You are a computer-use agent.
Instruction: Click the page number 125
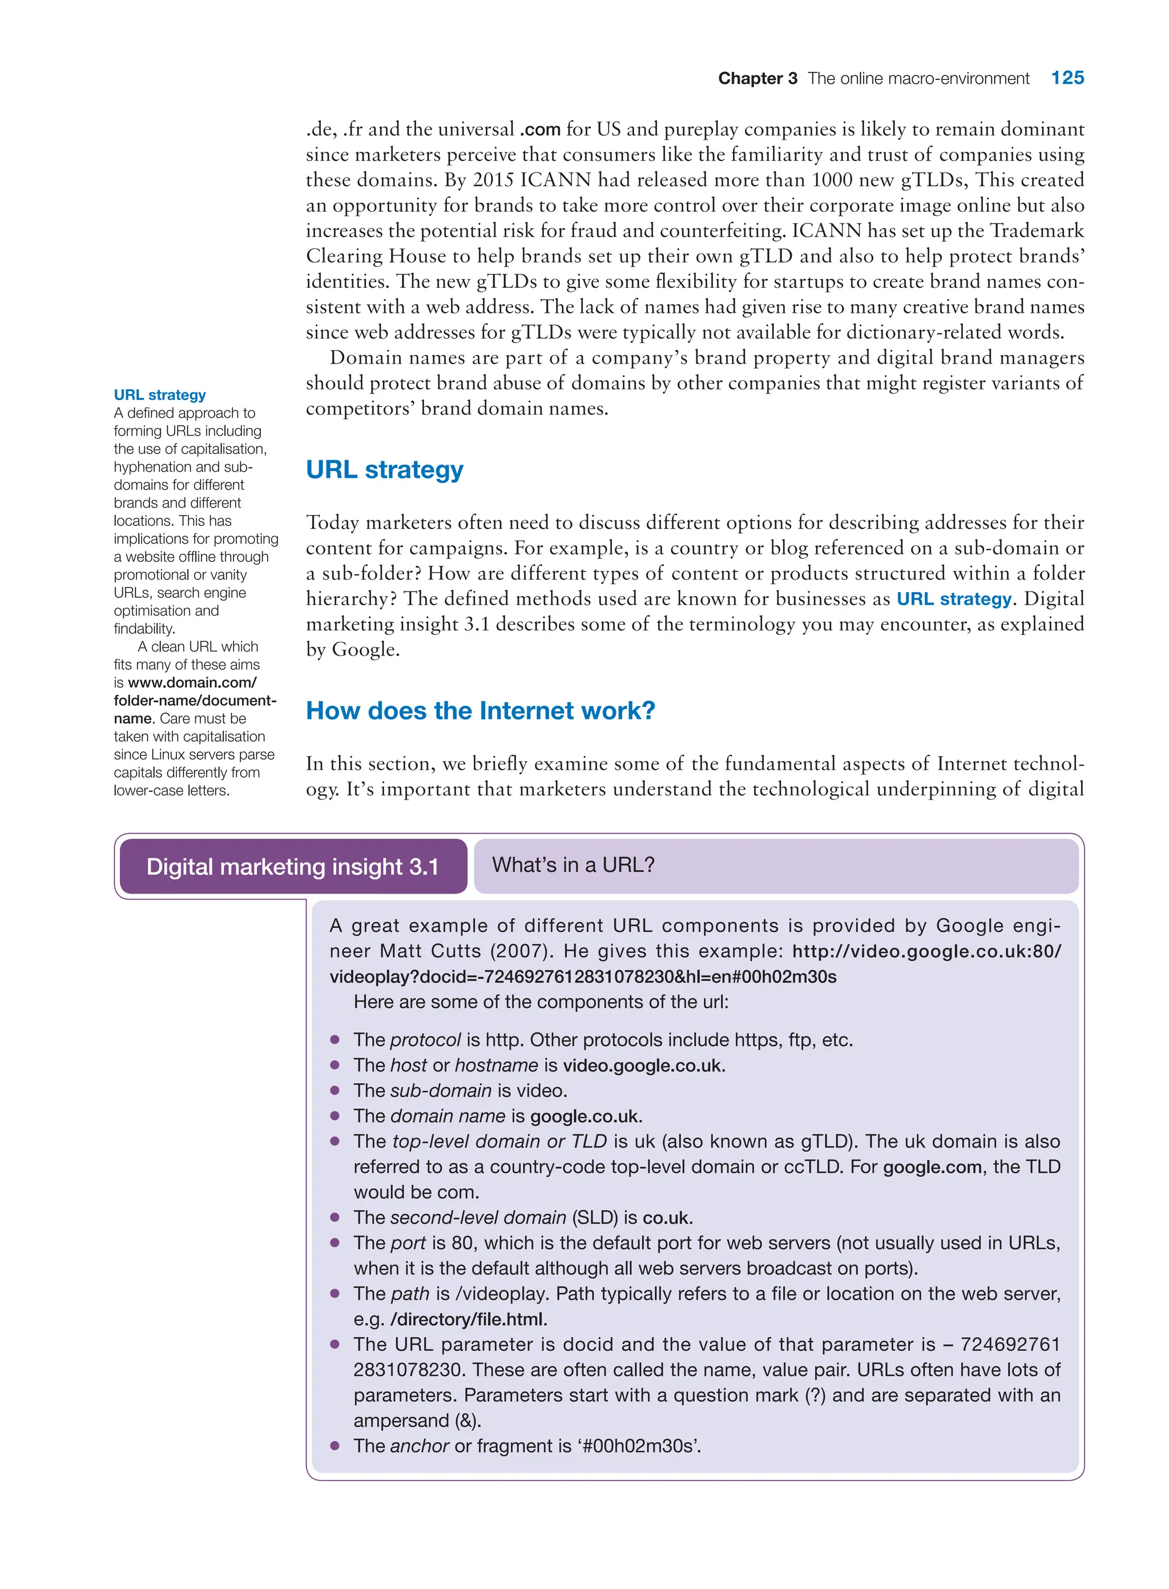[x=1066, y=78]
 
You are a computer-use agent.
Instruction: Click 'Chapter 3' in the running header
[x=757, y=79]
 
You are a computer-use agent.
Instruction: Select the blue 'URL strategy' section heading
[x=384, y=469]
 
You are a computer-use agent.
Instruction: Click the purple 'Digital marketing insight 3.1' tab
[x=292, y=866]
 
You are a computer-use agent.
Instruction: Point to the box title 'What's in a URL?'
[x=573, y=864]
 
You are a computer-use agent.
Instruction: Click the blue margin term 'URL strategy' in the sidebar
[x=160, y=395]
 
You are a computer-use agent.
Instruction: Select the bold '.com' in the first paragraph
[x=540, y=130]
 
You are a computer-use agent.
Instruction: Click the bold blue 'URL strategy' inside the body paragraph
[x=954, y=599]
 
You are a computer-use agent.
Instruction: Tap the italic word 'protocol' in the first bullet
[x=425, y=1040]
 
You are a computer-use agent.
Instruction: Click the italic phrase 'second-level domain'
[x=478, y=1217]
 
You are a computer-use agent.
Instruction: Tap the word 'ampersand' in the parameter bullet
[x=401, y=1421]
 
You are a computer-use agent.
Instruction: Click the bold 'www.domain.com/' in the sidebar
[x=192, y=683]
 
